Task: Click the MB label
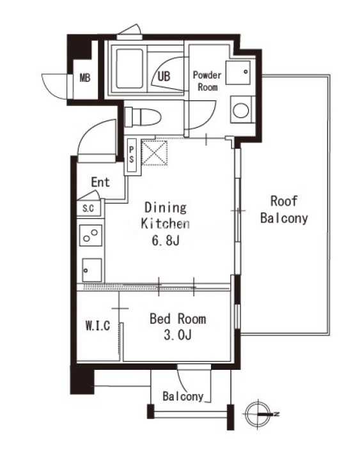coord(85,78)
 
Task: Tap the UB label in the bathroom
coord(164,77)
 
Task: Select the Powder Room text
coord(207,81)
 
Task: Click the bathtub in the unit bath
coord(129,68)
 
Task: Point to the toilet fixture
coord(143,117)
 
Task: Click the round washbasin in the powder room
coord(240,111)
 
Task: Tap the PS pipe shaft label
coord(131,155)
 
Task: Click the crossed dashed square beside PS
coord(154,153)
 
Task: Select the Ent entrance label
coord(100,182)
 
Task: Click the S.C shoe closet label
coord(88,208)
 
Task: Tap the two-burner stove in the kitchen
coord(91,235)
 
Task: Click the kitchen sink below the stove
coord(92,270)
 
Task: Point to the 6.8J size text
coord(165,240)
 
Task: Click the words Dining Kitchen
coord(165,215)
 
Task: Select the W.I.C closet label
coord(98,326)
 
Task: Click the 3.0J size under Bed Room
coord(178,335)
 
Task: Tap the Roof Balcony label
coord(284,210)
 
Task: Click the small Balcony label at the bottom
coord(183,397)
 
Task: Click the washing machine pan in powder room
coord(238,72)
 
